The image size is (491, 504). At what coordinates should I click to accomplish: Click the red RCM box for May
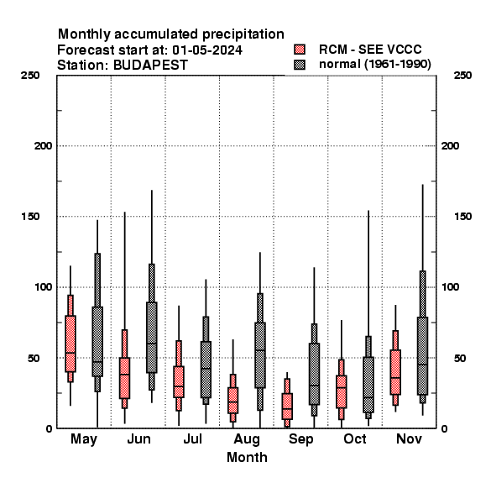coord(71,344)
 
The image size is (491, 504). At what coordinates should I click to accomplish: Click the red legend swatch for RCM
coord(300,50)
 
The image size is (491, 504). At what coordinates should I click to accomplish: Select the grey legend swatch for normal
coord(300,65)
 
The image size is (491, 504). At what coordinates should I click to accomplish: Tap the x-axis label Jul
coord(193,438)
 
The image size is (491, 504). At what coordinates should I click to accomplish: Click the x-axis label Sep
coord(300,439)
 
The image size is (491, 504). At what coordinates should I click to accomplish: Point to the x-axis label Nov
coord(409,438)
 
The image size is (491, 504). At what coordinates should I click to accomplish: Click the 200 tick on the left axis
coord(43,146)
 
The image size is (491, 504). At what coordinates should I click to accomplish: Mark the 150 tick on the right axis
coord(462,217)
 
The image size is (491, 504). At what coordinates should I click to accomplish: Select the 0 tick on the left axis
coord(49,428)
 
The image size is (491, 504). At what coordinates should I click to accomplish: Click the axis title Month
coord(247,458)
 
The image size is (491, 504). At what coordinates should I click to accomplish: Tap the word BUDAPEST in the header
coord(150,66)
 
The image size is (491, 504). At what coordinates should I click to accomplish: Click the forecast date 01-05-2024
coord(207,50)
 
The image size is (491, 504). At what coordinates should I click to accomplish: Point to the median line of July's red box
coord(179,386)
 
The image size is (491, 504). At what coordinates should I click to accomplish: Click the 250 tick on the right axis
coord(462,76)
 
